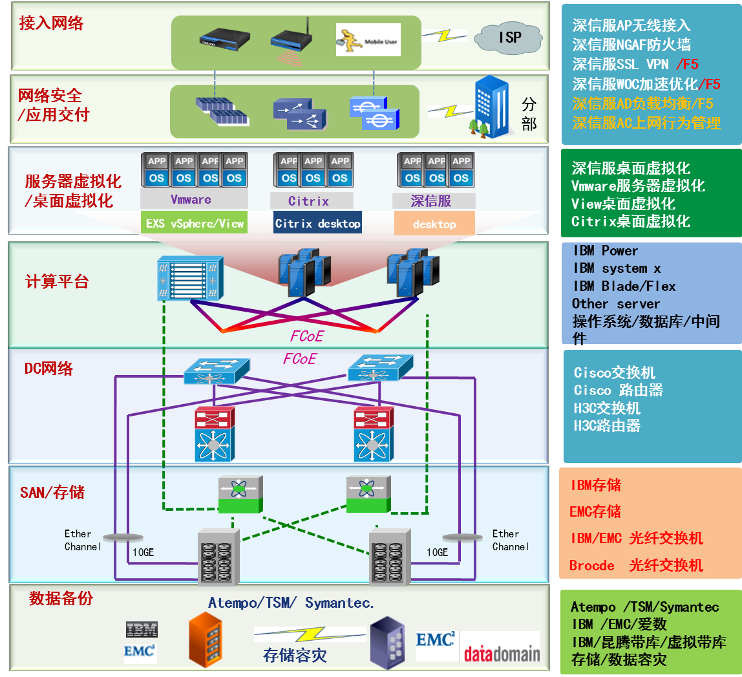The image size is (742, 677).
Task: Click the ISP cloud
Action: (x=509, y=38)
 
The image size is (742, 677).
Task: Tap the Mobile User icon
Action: (x=368, y=40)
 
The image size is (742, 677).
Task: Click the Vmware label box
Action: (x=191, y=199)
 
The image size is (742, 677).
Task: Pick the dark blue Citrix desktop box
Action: (x=317, y=224)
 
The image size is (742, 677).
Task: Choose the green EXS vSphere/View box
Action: (x=195, y=224)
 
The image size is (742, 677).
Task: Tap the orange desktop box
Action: (x=434, y=224)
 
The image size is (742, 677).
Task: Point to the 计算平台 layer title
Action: (x=57, y=282)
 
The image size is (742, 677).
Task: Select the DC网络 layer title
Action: (x=48, y=369)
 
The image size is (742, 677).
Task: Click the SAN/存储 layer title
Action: (x=52, y=493)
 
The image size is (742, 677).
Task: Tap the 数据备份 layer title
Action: (x=61, y=599)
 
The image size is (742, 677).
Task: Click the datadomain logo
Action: (x=501, y=653)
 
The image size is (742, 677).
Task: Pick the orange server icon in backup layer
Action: (x=205, y=639)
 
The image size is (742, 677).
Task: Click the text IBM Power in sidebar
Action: (x=605, y=251)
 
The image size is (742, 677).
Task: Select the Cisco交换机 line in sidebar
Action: (x=614, y=373)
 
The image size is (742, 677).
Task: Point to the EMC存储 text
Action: (x=595, y=512)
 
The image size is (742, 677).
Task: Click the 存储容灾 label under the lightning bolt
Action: (x=295, y=656)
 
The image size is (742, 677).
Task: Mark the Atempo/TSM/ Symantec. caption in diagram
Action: (x=291, y=603)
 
